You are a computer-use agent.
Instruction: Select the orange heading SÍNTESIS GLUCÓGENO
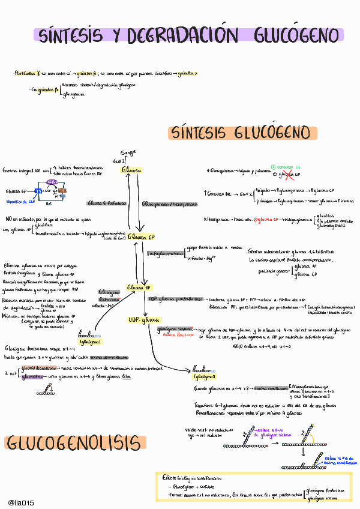(240, 132)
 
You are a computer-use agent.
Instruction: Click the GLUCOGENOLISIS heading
(75, 444)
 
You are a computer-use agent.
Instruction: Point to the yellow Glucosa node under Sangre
(131, 170)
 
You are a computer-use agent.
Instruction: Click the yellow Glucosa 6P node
(141, 237)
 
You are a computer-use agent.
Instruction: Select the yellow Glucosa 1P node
(139, 288)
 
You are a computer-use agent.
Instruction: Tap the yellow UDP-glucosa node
(141, 319)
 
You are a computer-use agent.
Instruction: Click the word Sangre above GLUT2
(129, 152)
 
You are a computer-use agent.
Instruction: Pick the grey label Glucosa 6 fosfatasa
(107, 203)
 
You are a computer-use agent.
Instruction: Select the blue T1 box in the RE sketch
(38, 191)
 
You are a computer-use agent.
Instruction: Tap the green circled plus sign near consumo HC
(274, 167)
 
